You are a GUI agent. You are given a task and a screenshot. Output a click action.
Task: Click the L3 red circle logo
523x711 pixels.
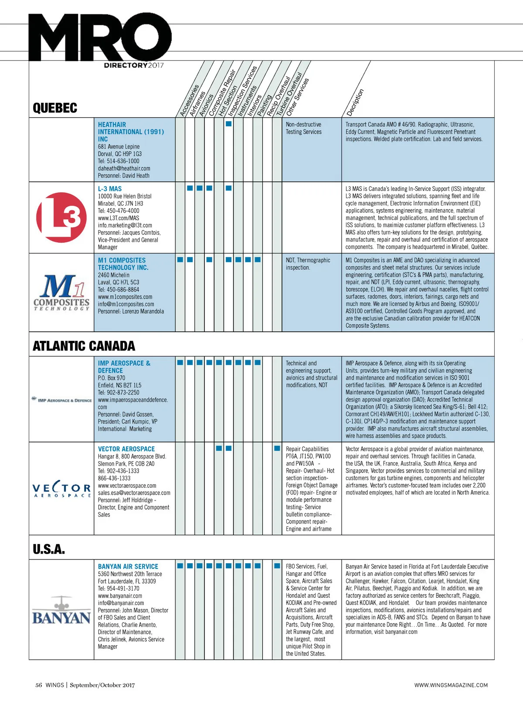(61, 217)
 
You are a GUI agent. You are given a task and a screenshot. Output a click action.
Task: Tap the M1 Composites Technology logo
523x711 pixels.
(61, 292)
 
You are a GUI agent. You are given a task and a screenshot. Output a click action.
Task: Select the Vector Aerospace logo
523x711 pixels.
(61, 490)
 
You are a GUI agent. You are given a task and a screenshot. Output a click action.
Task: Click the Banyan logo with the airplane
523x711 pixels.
(61, 610)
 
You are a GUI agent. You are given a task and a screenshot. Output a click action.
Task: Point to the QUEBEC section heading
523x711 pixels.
(55, 108)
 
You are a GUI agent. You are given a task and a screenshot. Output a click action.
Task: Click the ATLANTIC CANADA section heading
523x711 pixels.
(84, 346)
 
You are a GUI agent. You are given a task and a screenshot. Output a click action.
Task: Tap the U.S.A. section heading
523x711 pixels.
(49, 549)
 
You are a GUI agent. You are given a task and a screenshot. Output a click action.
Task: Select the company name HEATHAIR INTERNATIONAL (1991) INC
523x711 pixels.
(131, 132)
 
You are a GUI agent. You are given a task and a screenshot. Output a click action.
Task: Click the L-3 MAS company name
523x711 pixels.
(110, 189)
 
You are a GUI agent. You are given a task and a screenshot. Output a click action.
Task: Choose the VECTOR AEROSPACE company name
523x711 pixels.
(126, 449)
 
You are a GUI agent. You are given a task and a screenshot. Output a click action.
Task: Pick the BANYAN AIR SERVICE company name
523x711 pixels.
(128, 567)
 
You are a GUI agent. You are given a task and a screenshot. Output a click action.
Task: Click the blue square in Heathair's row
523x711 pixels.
(228, 124)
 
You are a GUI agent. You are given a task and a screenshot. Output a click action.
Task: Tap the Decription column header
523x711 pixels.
(355, 102)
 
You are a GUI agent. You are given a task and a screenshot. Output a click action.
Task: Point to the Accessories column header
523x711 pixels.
(189, 100)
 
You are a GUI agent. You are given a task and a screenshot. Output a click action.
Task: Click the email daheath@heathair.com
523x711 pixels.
(124, 168)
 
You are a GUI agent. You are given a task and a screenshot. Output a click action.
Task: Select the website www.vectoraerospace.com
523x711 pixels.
(127, 486)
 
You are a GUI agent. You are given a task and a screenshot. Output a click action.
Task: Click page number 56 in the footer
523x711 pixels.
(39, 685)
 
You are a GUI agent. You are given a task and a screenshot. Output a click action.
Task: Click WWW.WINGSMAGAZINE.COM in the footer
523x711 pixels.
(451, 685)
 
